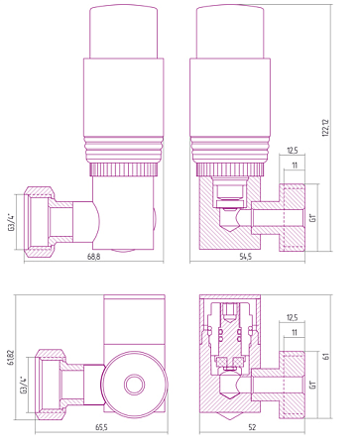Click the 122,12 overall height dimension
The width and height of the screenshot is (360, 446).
325,128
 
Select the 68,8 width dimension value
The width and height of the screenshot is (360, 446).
94,257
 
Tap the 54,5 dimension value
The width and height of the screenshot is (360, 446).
246,257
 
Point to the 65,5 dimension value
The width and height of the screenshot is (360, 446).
101,427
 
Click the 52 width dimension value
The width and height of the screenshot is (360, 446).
252,427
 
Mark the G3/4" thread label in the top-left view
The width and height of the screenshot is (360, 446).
12,222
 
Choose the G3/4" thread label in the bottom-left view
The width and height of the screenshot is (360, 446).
24,385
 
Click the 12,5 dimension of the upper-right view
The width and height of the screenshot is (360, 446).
293,151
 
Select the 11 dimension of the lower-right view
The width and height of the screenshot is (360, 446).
295,332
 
